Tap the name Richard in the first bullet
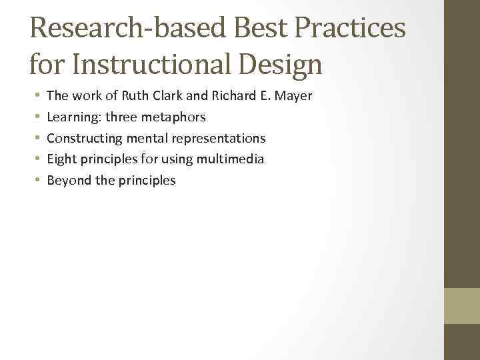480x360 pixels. (x=233, y=96)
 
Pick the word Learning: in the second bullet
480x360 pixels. (x=73, y=117)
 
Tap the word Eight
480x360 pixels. (x=61, y=159)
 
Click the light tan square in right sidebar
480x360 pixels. (x=462, y=305)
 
